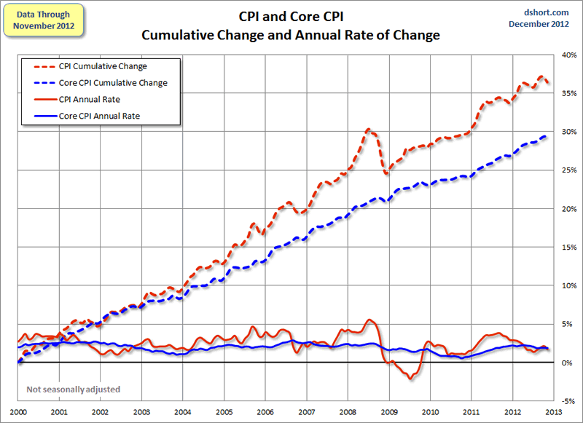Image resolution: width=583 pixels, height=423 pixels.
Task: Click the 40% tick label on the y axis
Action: click(x=568, y=55)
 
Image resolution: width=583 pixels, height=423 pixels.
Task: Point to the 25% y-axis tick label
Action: click(x=568, y=170)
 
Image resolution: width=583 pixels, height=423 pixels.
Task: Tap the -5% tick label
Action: click(x=568, y=401)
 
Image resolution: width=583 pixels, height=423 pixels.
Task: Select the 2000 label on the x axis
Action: click(x=17, y=411)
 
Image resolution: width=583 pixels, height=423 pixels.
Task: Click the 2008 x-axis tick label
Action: click(x=347, y=411)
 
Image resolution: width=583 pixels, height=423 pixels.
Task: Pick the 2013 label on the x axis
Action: click(x=553, y=411)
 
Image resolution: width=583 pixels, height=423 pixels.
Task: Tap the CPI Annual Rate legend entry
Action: click(x=102, y=99)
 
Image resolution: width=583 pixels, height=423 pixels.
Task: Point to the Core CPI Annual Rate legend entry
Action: click(x=111, y=116)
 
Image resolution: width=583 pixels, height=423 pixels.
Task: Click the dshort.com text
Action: click(x=547, y=12)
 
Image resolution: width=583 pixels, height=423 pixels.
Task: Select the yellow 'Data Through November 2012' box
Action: click(x=44, y=20)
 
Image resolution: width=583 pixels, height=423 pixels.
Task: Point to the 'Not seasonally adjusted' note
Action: click(x=73, y=390)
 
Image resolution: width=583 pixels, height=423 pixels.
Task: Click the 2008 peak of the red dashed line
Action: click(x=369, y=130)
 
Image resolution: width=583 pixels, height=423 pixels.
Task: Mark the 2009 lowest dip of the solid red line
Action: click(x=410, y=379)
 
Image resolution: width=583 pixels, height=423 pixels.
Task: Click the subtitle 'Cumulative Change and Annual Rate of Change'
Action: click(x=291, y=35)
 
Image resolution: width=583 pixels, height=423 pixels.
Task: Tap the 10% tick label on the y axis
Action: click(x=568, y=285)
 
